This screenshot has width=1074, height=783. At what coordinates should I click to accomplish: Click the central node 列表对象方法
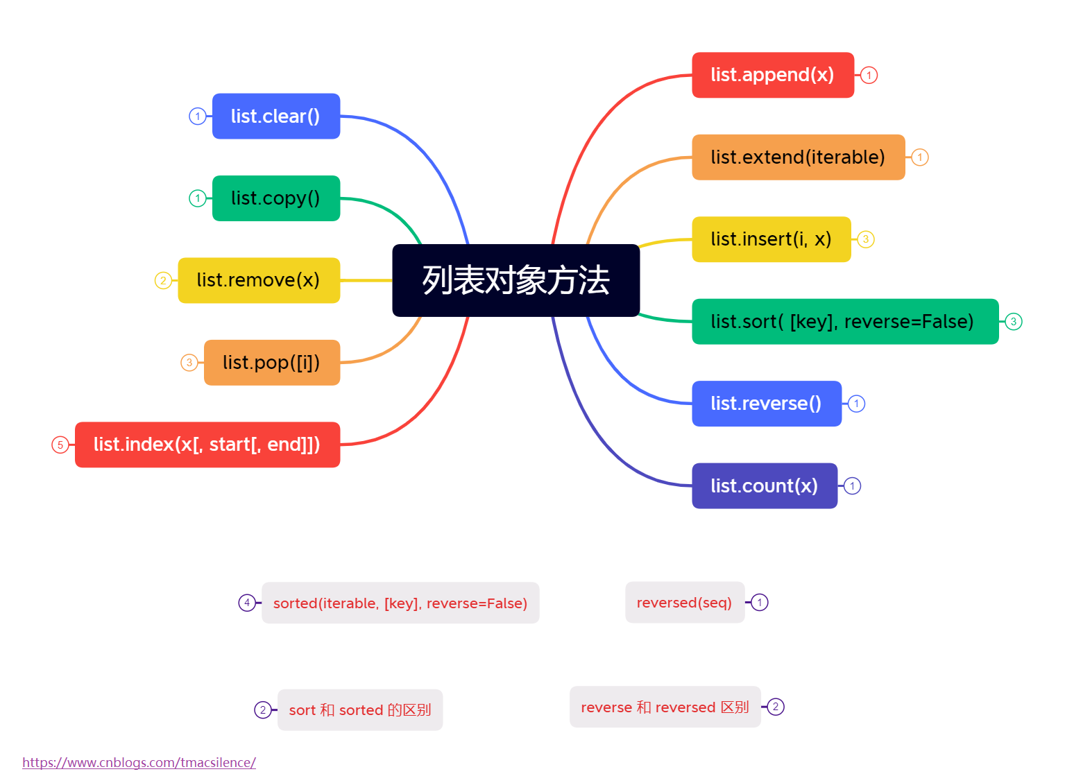click(x=515, y=280)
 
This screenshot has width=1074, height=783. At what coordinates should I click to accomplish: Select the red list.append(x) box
click(x=772, y=75)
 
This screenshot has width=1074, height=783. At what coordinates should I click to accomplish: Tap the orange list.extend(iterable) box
click(x=798, y=157)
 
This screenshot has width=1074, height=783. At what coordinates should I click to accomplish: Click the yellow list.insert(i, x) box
click(x=771, y=239)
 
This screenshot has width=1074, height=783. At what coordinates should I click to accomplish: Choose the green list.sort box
click(x=844, y=322)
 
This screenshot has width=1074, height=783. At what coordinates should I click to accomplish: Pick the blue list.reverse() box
click(x=766, y=404)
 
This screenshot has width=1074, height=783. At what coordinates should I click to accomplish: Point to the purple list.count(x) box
click(x=764, y=485)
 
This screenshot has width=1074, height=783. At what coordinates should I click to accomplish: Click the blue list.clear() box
click(x=275, y=117)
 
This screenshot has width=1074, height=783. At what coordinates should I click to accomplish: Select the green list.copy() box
click(x=275, y=198)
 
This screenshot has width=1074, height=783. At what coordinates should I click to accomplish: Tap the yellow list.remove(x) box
click(x=258, y=280)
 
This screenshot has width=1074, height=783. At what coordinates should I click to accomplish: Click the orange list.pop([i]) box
click(x=271, y=363)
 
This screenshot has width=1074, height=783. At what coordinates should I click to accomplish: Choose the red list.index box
click(x=207, y=445)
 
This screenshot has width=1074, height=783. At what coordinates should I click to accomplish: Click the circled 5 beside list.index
click(x=60, y=445)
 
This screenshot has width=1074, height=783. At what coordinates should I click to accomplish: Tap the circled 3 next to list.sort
click(x=1014, y=322)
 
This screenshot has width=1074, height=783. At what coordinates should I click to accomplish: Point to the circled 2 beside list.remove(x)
click(x=163, y=280)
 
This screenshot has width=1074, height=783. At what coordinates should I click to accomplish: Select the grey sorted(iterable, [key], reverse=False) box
click(x=400, y=603)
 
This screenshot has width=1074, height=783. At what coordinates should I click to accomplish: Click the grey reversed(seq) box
click(x=684, y=602)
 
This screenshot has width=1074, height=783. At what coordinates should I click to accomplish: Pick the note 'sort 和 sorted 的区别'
click(x=359, y=709)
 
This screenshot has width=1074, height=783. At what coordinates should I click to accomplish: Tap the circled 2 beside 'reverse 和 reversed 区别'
click(x=776, y=707)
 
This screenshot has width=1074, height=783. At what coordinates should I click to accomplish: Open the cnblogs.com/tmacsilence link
click(x=139, y=762)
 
